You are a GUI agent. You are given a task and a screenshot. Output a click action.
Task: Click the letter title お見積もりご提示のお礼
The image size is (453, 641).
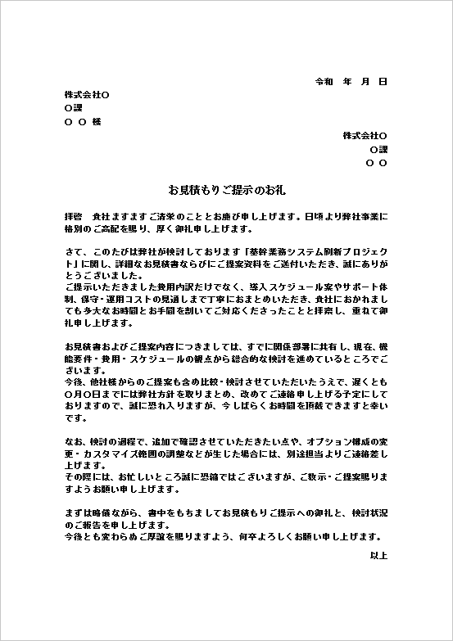click(225, 190)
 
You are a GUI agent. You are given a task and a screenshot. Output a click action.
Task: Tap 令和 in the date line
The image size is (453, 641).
click(324, 82)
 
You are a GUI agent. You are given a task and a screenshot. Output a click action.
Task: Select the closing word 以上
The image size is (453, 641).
click(378, 556)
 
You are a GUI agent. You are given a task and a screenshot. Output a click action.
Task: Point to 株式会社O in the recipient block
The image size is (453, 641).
click(87, 95)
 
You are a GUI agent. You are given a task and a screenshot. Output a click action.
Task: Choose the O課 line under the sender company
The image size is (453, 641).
click(378, 150)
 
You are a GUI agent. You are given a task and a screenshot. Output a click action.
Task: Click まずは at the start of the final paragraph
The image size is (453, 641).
click(78, 512)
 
